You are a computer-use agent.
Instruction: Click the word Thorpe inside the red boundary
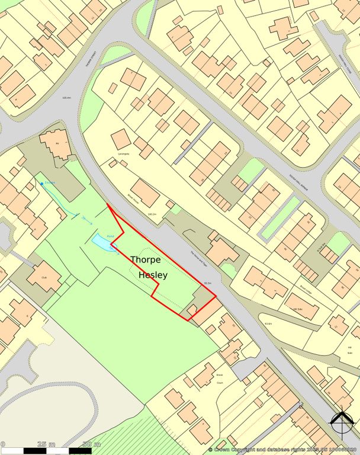149,259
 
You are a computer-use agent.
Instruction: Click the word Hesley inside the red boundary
153,275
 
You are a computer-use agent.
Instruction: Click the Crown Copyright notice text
284,450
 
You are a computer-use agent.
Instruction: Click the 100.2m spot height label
152,214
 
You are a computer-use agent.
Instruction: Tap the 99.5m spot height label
207,283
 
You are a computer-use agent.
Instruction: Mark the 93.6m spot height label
268,323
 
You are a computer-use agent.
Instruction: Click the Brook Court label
220,379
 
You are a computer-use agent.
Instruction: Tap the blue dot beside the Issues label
41,184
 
